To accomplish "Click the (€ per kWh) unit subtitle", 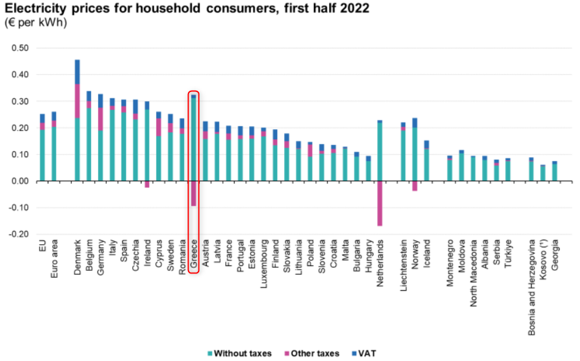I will click(35, 22).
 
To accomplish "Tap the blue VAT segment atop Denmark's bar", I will click(78, 72).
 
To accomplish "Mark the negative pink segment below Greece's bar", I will click(194, 193).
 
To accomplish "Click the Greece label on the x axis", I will click(194, 255).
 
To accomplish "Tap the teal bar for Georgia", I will click(555, 172).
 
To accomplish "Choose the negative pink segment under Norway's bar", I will click(414, 186).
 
